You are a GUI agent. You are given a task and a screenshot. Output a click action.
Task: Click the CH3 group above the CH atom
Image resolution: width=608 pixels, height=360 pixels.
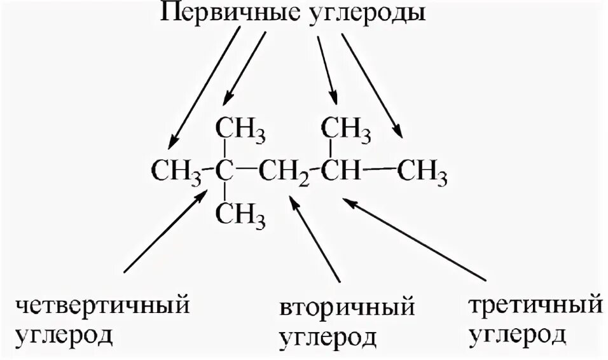pos(347,130)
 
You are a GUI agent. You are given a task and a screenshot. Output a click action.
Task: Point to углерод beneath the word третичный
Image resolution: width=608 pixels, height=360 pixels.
pos(516,333)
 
